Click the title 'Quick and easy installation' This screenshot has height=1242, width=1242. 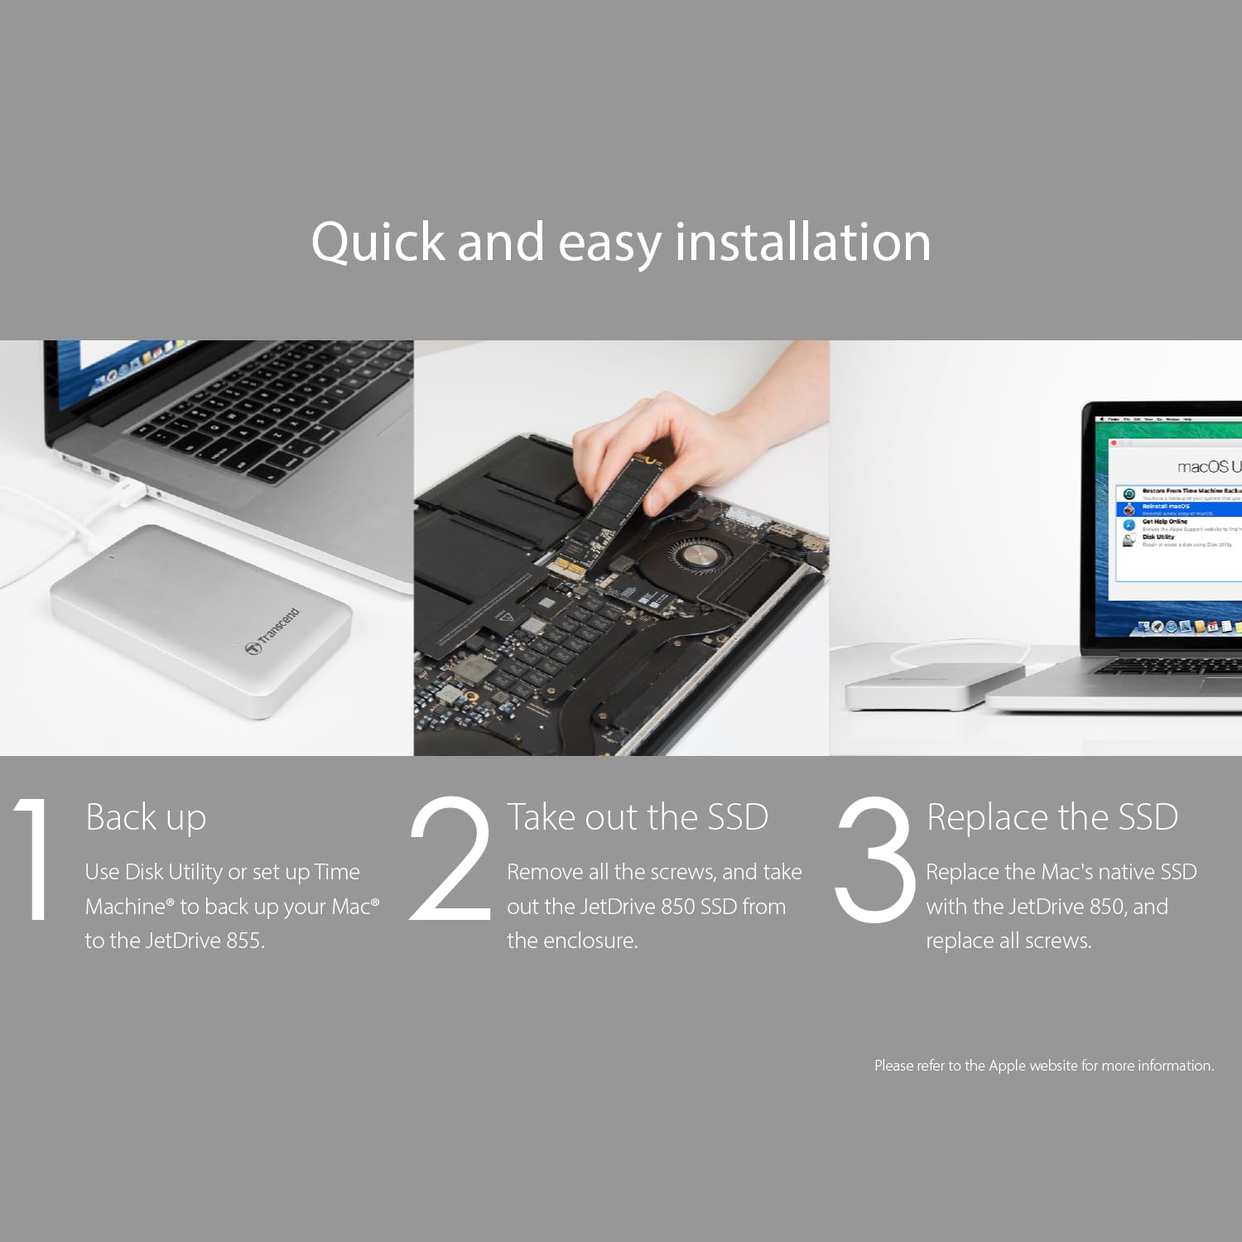pos(621,242)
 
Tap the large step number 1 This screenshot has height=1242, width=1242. pos(33,859)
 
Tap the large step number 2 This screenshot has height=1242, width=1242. pos(451,859)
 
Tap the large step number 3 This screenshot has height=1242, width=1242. pos(874,859)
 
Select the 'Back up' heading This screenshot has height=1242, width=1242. pos(146,818)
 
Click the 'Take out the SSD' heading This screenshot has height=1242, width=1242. pos(637,818)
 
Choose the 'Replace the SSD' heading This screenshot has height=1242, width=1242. pos(1052,818)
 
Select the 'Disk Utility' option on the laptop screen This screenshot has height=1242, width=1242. pos(1158,537)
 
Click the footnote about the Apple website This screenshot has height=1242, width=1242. pos(1043,1066)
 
